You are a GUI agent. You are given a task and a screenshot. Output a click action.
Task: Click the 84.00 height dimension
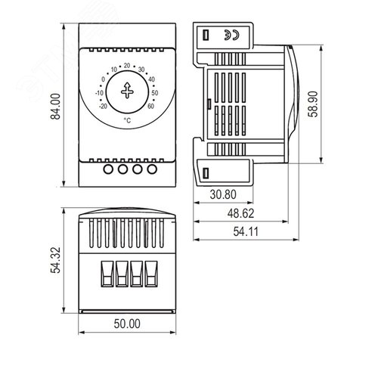point(55,106)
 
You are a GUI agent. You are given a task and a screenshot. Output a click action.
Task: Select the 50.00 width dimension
point(127,324)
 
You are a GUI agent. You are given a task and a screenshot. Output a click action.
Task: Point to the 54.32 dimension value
point(55,260)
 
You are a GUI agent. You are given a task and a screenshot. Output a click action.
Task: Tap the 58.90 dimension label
point(313,104)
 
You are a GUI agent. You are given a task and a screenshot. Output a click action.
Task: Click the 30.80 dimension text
point(223,194)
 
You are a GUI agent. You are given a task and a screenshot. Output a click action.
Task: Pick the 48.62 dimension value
point(240,213)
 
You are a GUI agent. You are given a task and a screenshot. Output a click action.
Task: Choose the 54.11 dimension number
point(246,231)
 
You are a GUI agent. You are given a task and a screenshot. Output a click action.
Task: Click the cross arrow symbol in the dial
point(127,91)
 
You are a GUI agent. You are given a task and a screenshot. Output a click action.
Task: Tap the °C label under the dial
point(127,120)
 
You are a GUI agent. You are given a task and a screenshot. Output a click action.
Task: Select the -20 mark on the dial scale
point(103,107)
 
